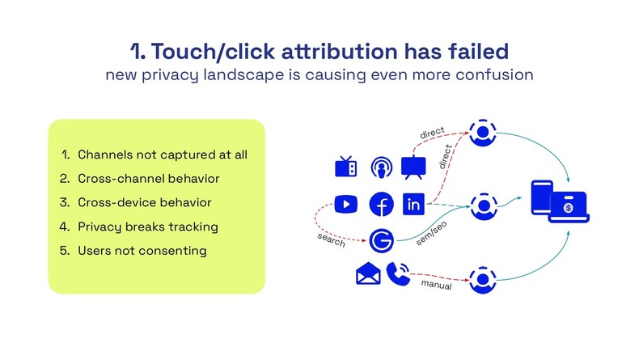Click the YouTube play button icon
(346, 205)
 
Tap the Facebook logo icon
(380, 205)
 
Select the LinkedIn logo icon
(413, 205)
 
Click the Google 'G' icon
(380, 240)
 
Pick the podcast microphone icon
(380, 167)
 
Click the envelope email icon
(367, 274)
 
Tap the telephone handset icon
(397, 273)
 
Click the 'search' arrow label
(330, 241)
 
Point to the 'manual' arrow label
(436, 286)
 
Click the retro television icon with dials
(346, 167)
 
